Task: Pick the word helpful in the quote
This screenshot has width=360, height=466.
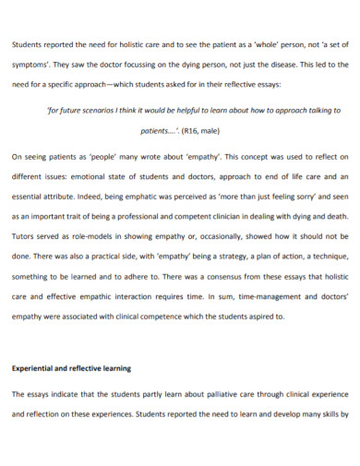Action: (192, 109)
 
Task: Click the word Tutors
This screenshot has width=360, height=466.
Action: (25, 242)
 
